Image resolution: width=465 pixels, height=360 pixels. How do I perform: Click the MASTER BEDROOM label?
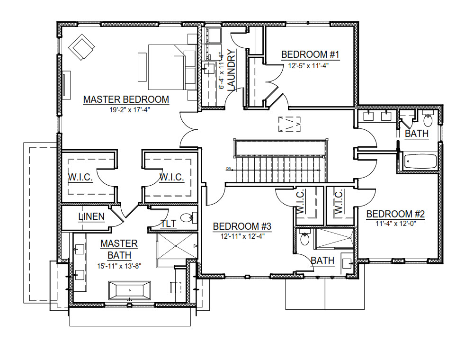pos(126,99)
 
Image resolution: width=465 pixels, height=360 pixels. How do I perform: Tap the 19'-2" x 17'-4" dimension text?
pos(130,110)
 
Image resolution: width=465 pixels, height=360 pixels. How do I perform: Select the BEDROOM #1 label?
pos(310,54)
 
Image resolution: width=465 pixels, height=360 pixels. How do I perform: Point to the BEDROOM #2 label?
pos(395,214)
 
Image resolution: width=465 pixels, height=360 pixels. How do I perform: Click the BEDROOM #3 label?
pos(242,226)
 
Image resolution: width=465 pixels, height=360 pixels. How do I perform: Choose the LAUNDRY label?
pos(231,70)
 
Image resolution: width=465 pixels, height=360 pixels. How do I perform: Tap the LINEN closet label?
pos(92,216)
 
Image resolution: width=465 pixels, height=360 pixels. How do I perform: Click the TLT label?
pos(169,223)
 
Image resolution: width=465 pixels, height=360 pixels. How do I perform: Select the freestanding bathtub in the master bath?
pos(130,290)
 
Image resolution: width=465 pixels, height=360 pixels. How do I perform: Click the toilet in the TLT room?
pos(188,218)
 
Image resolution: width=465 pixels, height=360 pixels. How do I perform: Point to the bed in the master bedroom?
pos(172,67)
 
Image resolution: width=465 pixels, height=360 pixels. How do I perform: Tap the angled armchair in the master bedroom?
pos(81,47)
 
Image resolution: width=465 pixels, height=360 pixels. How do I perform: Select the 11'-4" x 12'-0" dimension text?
pos(396,224)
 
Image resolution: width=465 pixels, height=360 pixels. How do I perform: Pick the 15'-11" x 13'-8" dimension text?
pos(119,266)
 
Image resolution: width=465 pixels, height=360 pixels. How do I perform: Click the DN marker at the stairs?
pos(229,169)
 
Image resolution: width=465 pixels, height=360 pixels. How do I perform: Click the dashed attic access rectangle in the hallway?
pos(290,124)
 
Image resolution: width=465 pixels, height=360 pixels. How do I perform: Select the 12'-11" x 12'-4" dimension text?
pos(242,236)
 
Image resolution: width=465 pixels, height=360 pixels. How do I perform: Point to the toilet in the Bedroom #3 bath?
pos(304,237)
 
